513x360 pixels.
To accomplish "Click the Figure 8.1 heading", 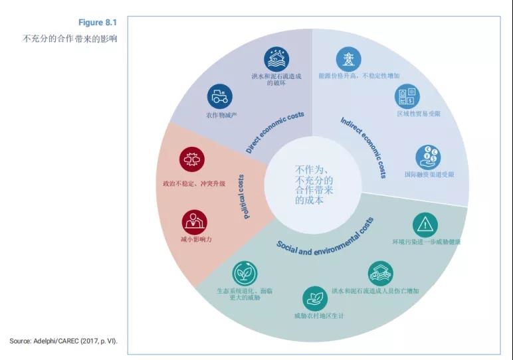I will click(x=97, y=23).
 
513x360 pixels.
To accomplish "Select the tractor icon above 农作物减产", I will click(x=219, y=96).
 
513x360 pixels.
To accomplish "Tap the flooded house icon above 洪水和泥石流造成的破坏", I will click(x=276, y=59).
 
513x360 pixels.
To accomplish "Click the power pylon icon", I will click(x=348, y=59).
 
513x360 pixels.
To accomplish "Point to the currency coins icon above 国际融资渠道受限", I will click(x=428, y=157).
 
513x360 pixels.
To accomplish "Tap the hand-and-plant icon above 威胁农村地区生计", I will click(x=314, y=298).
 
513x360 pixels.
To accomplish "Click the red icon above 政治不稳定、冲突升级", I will click(x=192, y=160).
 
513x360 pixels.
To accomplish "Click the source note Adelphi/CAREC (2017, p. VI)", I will click(x=63, y=341).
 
